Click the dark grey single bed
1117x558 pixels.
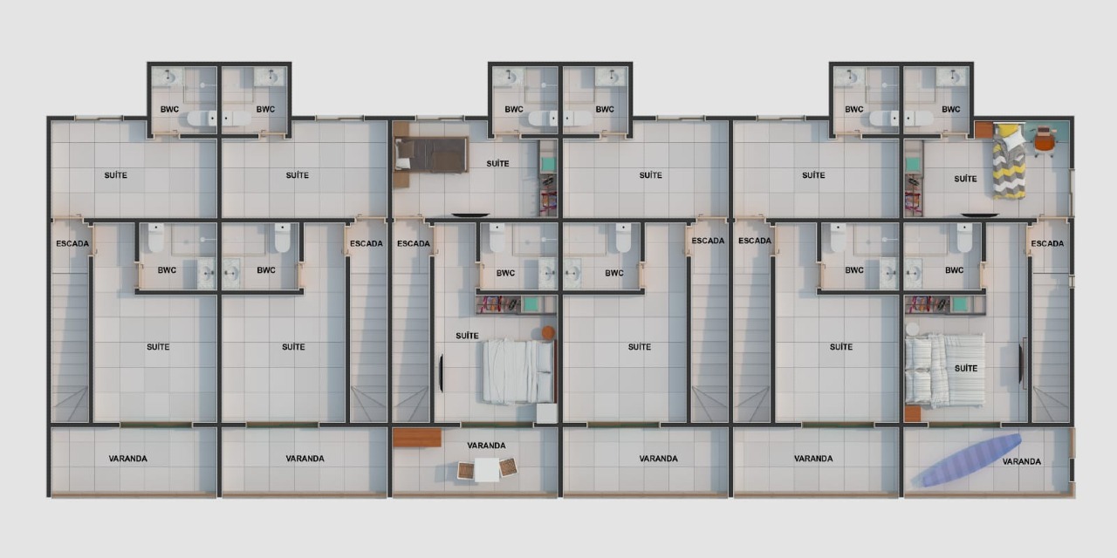[431, 154]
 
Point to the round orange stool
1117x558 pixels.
[548, 332]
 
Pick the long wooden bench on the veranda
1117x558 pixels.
[416, 437]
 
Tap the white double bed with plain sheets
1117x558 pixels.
[517, 371]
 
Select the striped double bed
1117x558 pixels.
[944, 370]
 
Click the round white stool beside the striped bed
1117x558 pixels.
[913, 330]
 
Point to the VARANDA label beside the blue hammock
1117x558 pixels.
[1021, 461]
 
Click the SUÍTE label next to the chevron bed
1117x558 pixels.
[965, 179]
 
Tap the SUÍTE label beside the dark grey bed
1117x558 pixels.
[497, 164]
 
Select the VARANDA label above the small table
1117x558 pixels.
[486, 446]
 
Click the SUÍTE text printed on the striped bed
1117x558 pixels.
[965, 368]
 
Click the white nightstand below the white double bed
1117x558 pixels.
[547, 413]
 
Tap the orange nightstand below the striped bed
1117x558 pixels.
[913, 413]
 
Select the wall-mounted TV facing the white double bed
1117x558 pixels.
[441, 372]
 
